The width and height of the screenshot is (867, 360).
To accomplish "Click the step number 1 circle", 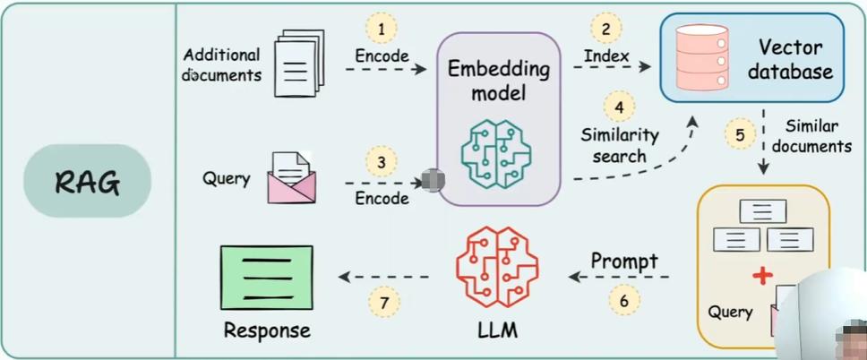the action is (x=381, y=29).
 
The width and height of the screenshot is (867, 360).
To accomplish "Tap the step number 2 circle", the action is (x=606, y=29).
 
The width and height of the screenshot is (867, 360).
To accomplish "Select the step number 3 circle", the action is (x=382, y=164).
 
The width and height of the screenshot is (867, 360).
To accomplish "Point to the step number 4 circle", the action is (x=619, y=107).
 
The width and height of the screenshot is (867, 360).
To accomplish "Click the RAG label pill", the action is (x=87, y=181).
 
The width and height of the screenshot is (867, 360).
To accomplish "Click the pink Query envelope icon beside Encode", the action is (x=291, y=177).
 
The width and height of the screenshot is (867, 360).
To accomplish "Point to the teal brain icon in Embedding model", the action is (x=496, y=152).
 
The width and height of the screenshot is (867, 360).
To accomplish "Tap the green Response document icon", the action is (x=267, y=278).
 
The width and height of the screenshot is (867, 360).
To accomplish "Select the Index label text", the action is (x=606, y=56).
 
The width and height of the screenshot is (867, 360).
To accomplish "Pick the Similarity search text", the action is (x=619, y=145).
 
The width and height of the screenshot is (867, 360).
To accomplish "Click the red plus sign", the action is (x=763, y=275).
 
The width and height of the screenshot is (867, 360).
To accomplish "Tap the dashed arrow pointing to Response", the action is (x=384, y=277).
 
